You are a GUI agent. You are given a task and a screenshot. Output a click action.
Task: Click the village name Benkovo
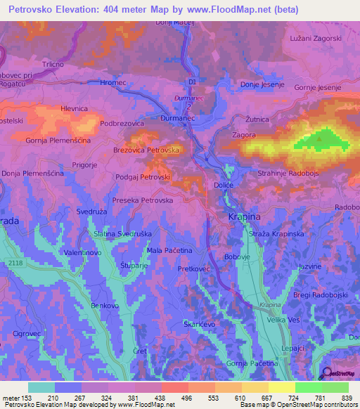click(105, 306)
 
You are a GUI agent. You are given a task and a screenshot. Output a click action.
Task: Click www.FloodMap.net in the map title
click(234, 10)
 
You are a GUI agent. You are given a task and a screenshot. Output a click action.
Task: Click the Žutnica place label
click(257, 119)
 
